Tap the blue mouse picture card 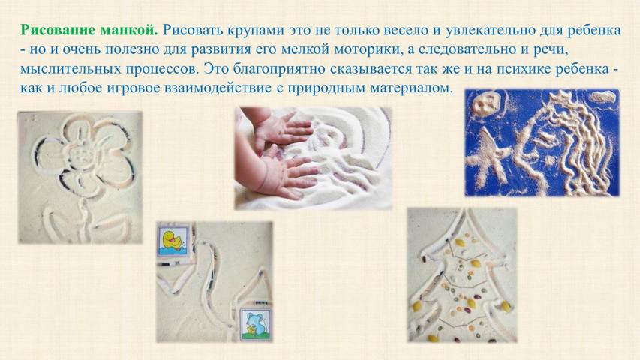pyautogui.click(x=254, y=324)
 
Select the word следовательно pyautogui.click(x=470, y=49)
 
